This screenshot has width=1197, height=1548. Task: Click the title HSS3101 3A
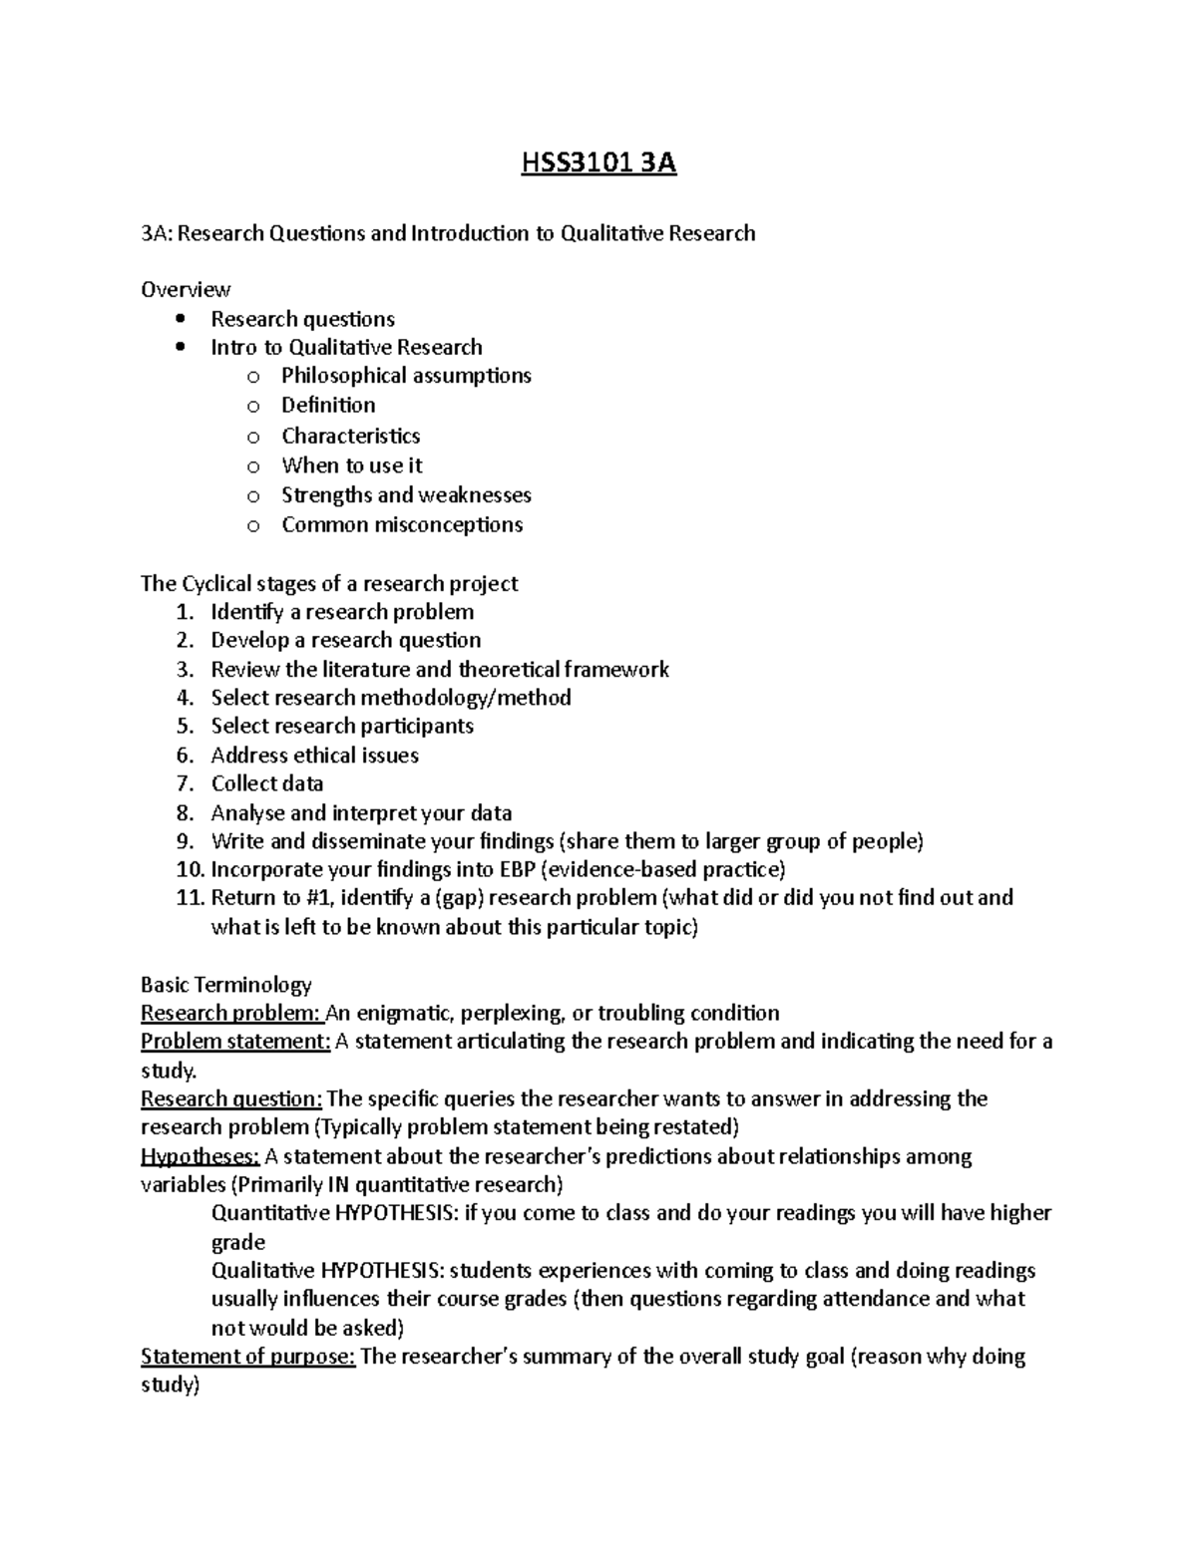(598, 162)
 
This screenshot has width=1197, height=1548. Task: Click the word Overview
(186, 290)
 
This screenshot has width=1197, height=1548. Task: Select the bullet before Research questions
(180, 319)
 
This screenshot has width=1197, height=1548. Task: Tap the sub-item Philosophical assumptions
(406, 376)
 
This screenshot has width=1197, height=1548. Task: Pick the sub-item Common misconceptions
(402, 525)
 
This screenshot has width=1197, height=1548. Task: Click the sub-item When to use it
(351, 465)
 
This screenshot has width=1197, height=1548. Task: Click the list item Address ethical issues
(314, 756)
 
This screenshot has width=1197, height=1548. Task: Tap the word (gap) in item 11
(459, 898)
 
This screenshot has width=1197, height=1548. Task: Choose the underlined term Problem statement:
(235, 1042)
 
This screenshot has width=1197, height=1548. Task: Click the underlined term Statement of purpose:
(247, 1357)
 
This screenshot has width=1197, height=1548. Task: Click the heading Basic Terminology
(226, 985)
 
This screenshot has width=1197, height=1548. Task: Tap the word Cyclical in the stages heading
(216, 583)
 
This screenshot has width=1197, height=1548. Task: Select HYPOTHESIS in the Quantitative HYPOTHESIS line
(394, 1213)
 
